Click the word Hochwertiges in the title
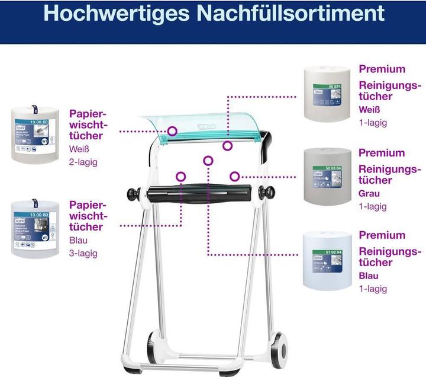(118, 13)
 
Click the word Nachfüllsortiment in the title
(291, 13)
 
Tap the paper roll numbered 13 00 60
(35, 134)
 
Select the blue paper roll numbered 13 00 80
(35, 229)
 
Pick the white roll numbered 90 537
(327, 94)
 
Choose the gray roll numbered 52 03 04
(327, 176)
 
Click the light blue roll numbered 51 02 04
(327, 260)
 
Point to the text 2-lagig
(83, 161)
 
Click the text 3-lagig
(83, 253)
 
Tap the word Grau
(369, 193)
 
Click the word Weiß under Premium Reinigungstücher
(370, 110)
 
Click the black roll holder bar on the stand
(201, 193)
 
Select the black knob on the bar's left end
(133, 193)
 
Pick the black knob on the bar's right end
(269, 193)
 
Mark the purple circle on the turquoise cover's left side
(172, 130)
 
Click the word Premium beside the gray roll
(382, 153)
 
